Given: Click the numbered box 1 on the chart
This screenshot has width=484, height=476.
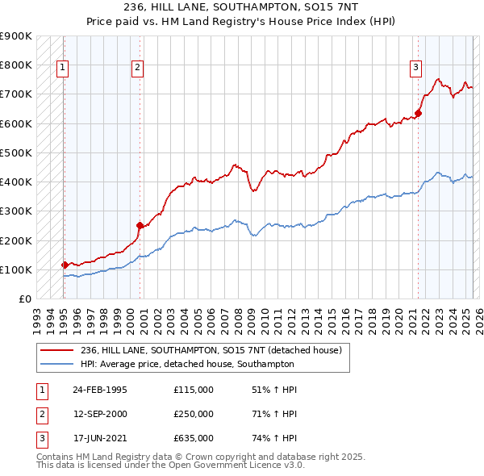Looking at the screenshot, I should click(x=63, y=69).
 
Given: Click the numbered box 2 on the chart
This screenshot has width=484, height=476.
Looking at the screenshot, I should click(x=139, y=69).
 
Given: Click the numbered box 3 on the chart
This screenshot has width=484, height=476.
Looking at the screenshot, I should click(x=416, y=68).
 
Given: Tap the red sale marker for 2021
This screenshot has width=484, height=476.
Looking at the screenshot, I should click(x=419, y=113).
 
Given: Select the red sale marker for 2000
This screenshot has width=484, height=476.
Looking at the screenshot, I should click(x=140, y=226).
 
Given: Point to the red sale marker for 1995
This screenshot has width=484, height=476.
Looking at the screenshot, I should click(x=65, y=265).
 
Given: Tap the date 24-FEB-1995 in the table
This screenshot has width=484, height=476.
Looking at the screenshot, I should click(x=99, y=390).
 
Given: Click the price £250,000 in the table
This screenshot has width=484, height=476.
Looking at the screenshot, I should click(x=194, y=414).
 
